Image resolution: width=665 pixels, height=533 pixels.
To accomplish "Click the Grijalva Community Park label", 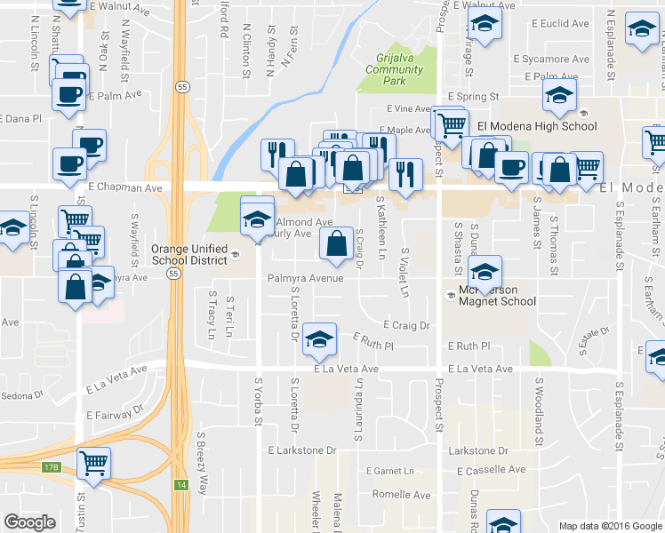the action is coord(393,69).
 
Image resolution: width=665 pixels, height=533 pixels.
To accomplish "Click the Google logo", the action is coord(30,521).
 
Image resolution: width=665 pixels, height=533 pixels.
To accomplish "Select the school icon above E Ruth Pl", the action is coord(319,338).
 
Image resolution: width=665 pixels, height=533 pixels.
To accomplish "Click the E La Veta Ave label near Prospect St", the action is coord(480,369).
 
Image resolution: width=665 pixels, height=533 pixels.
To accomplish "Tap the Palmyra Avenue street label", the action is coord(306,278).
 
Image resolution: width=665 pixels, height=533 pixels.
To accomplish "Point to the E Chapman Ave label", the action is coord(125,188).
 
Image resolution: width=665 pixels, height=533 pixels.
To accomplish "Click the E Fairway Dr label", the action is coord(116,414).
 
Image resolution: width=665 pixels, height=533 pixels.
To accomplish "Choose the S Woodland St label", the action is coord(538,413).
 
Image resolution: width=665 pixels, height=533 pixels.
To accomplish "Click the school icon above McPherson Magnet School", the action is coord(485,272).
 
